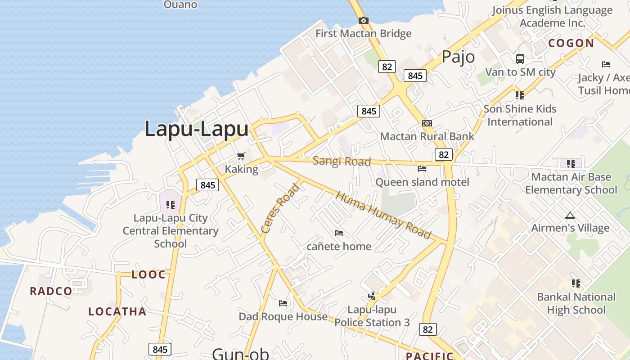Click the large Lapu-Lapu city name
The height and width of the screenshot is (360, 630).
[196, 129]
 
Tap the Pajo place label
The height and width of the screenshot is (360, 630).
[458, 57]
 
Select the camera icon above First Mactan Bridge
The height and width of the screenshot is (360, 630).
[364, 20]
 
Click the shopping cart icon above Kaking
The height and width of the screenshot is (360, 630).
[241, 156]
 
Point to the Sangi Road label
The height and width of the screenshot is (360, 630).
[342, 161]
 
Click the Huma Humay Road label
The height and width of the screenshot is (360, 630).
[383, 216]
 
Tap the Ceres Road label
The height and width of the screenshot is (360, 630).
[280, 208]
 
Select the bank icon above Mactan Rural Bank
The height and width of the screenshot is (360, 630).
[427, 123]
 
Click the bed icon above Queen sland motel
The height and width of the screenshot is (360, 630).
[422, 169]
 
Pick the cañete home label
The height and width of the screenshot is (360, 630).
[339, 246]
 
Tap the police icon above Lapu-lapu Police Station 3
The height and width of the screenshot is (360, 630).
[372, 296]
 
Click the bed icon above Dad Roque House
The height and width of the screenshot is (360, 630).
[283, 303]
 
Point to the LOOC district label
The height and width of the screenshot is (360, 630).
[148, 274]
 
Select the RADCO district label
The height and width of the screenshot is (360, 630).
[51, 291]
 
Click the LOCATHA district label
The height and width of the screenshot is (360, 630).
[117, 311]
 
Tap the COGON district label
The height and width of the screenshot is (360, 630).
[571, 43]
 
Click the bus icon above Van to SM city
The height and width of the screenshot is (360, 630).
[520, 58]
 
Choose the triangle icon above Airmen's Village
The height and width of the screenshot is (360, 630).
[570, 215]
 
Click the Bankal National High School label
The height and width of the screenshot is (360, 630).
[576, 303]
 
